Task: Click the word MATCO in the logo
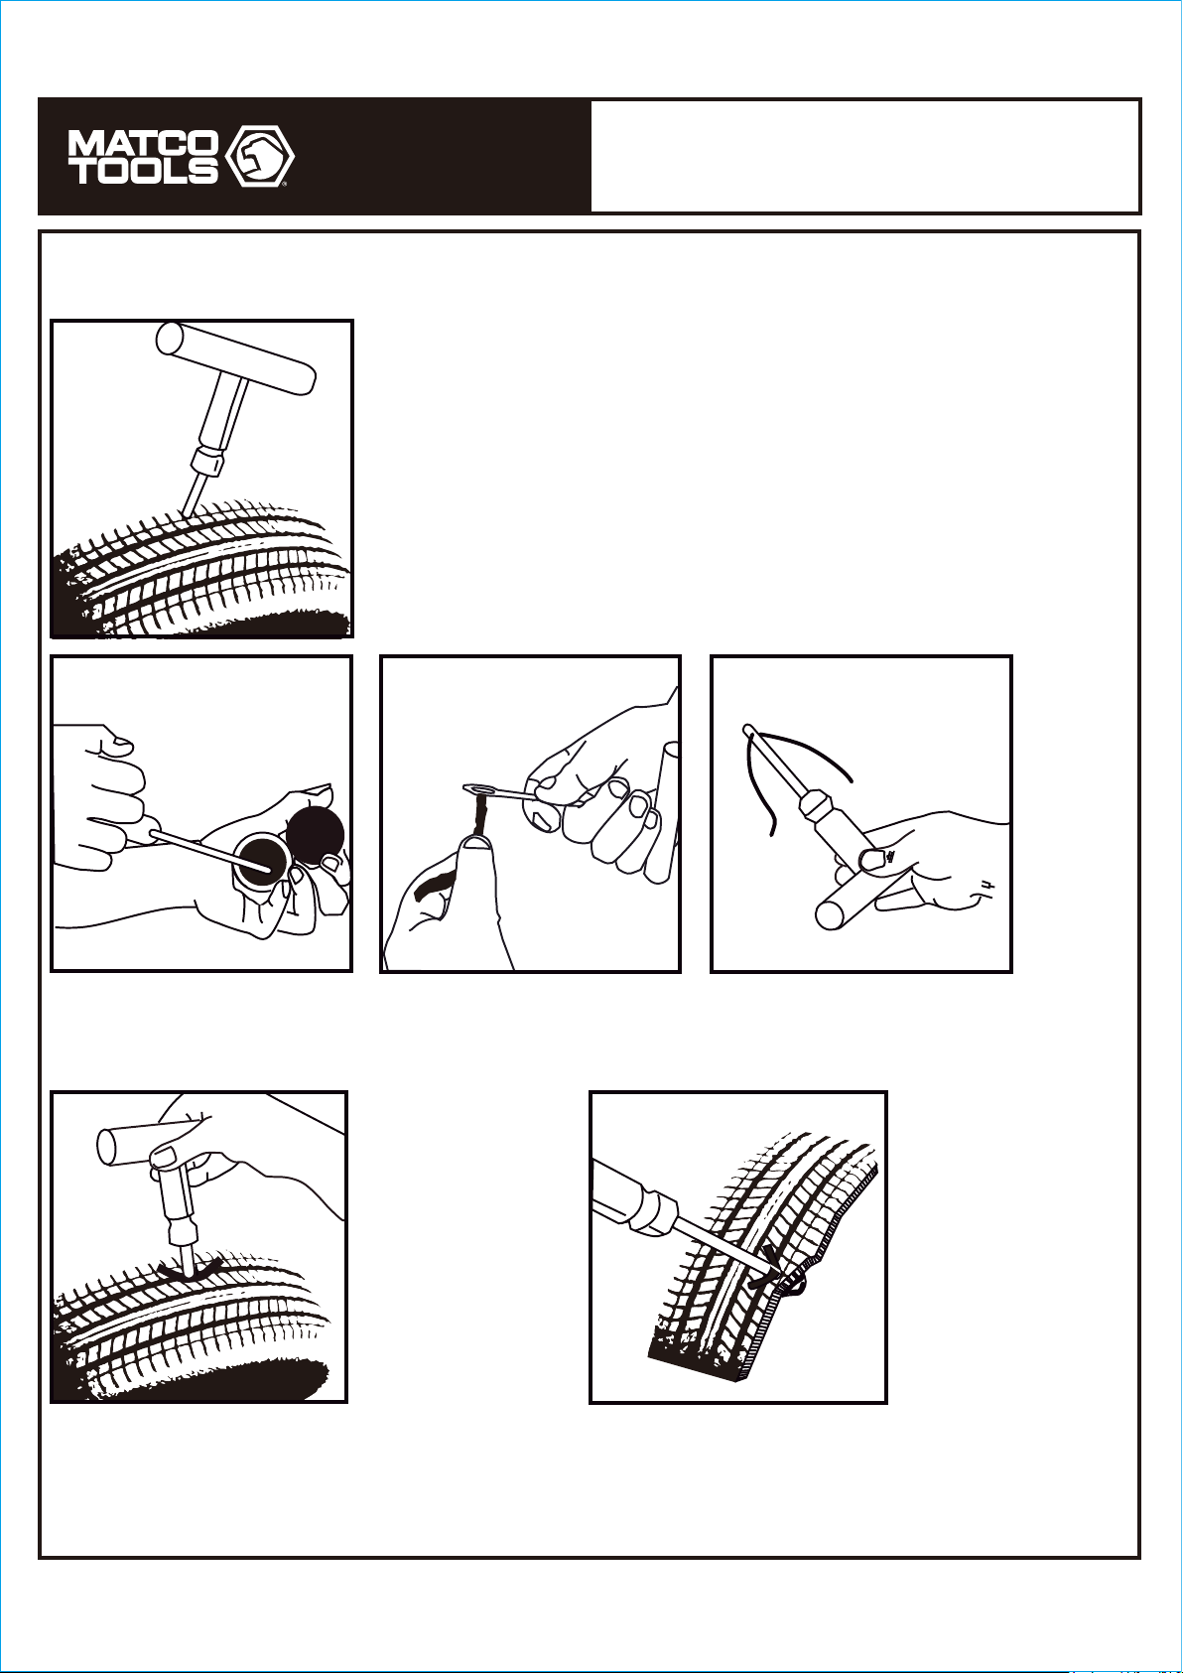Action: pyautogui.click(x=143, y=144)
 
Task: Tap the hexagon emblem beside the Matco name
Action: pyautogui.click(x=260, y=156)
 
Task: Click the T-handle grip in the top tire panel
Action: pyautogui.click(x=236, y=360)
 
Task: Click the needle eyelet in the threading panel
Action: pyautogui.click(x=476, y=788)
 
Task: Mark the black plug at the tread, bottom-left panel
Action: pyautogui.click(x=188, y=1265)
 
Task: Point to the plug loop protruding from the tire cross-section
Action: pyautogui.click(x=796, y=1284)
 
